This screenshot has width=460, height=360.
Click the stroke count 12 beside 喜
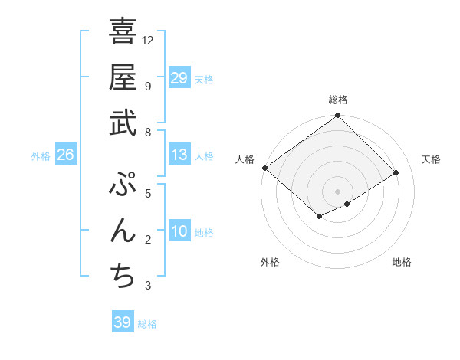pos(149,40)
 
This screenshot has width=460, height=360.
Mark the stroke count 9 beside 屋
pos(148,86)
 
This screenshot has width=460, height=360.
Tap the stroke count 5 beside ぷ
pos(148,193)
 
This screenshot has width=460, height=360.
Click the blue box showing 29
pos(179,77)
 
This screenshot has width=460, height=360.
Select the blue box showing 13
pos(179,155)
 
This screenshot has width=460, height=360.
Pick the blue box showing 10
pos(179,231)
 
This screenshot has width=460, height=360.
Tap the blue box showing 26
pos(66,155)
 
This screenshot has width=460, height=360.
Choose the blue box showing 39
pos(123,322)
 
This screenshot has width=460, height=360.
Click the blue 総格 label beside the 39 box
pos(148,324)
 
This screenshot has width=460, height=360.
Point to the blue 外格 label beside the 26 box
pos(41,156)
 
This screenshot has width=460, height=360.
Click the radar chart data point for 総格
pos(337,116)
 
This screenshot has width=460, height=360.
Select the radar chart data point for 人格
pos(264,168)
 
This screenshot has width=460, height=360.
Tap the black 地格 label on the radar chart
pos(402,263)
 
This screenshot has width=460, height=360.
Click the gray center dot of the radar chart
pos(337,191)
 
